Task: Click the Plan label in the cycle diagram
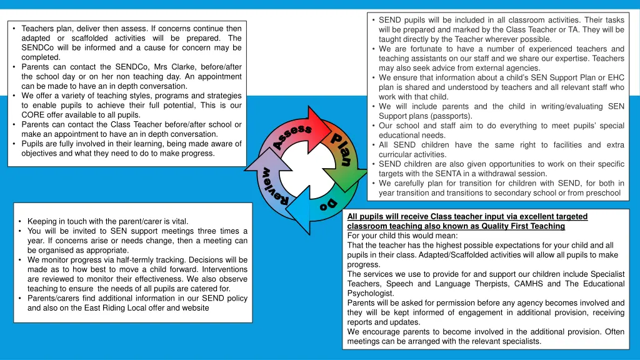click(341, 150)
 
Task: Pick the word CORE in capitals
click(32, 115)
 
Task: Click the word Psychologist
click(370, 293)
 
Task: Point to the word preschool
click(604, 193)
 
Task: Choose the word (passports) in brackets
click(449, 116)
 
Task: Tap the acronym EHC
click(616, 77)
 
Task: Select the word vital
click(178, 221)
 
